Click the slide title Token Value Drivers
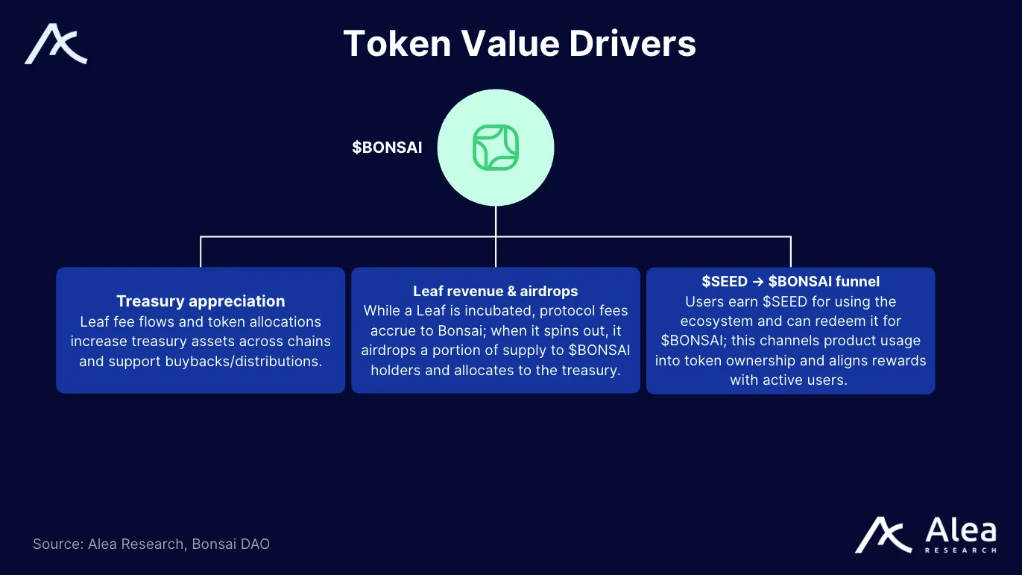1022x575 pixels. tap(520, 43)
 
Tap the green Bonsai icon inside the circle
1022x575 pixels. tap(496, 147)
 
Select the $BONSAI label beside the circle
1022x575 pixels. tap(387, 148)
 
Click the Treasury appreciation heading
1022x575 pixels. tap(201, 301)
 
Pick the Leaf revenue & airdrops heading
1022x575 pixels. tap(496, 291)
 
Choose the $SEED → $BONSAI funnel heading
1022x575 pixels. tap(790, 281)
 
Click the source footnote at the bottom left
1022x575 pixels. tap(151, 544)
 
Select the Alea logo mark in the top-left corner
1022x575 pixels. tap(56, 44)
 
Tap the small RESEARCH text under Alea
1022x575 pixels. tap(960, 550)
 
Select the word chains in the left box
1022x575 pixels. tap(303, 342)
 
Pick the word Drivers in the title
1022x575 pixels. tap(633, 43)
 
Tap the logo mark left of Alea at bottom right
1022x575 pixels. tap(883, 535)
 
